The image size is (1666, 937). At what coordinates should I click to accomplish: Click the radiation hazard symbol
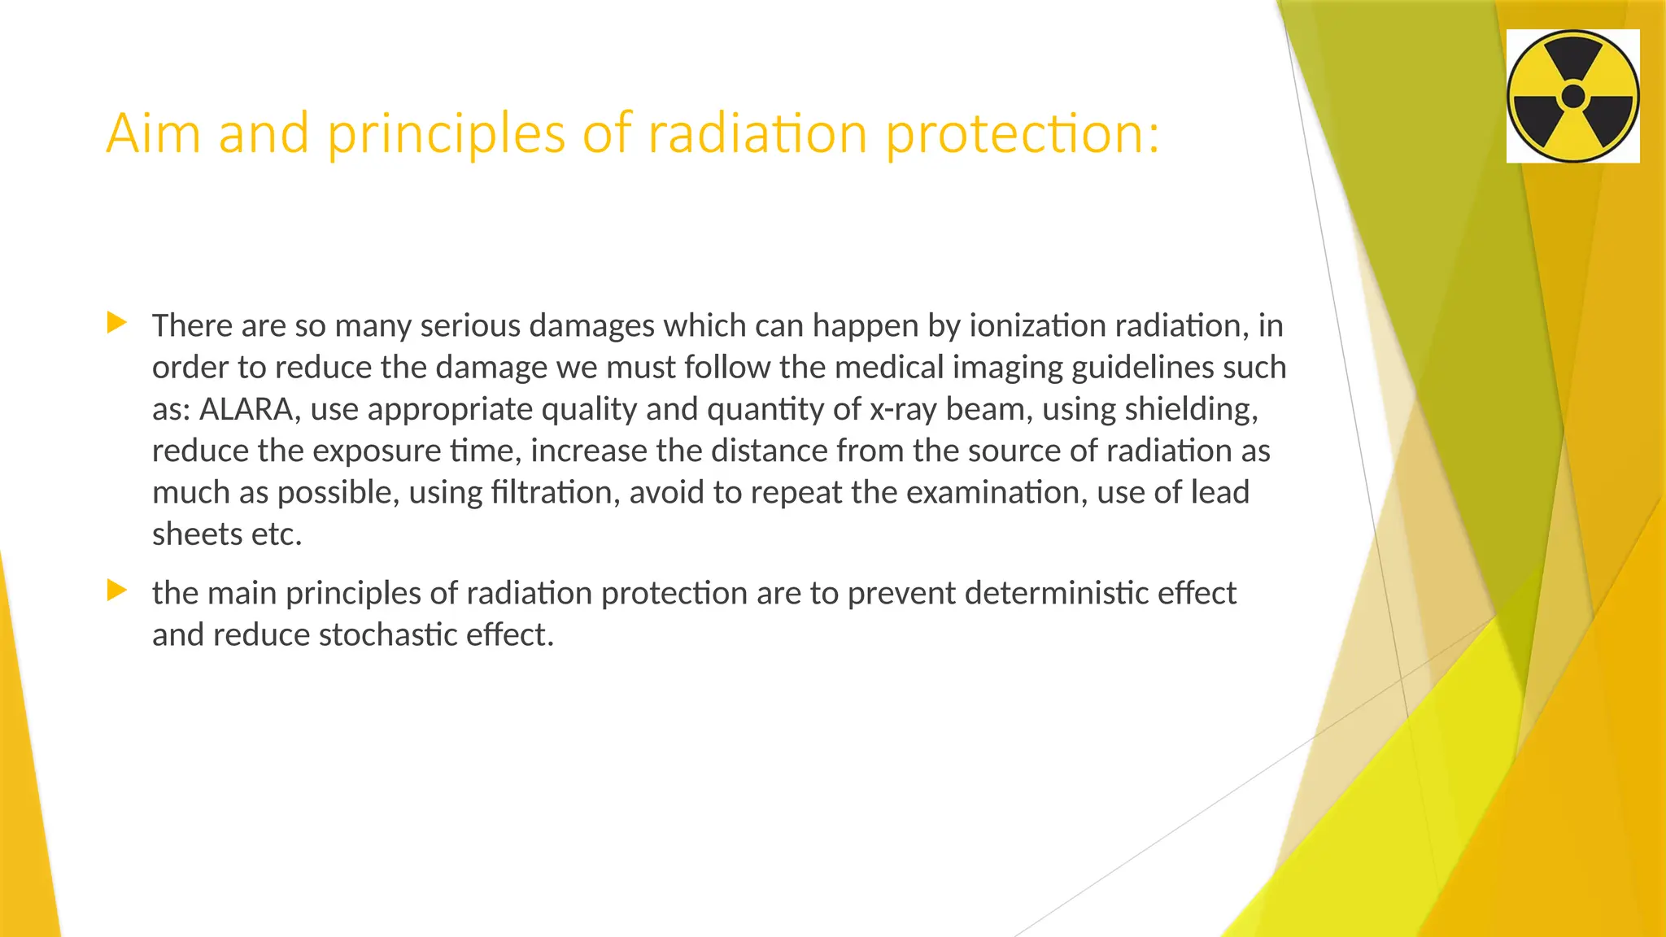point(1572,96)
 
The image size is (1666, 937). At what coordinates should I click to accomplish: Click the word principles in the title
point(446,134)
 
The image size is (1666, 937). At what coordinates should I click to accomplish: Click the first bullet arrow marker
point(117,323)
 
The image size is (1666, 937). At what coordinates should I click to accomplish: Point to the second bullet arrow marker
point(117,591)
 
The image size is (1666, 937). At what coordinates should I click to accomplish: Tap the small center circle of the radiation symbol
point(1573,96)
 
